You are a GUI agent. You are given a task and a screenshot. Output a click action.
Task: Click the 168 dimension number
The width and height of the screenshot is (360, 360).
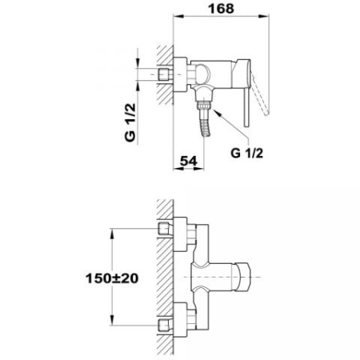pyautogui.click(x=221, y=8)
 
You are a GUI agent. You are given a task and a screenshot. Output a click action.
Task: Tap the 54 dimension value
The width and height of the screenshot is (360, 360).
pyautogui.click(x=189, y=161)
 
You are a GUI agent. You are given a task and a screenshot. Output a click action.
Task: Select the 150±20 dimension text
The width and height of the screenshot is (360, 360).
pyautogui.click(x=112, y=278)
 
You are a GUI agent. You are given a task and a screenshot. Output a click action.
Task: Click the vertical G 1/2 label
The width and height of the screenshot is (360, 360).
pyautogui.click(x=130, y=122)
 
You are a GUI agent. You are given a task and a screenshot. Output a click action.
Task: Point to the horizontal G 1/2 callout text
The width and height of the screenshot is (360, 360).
pyautogui.click(x=246, y=153)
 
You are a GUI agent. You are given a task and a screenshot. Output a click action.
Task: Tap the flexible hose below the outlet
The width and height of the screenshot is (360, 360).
pyautogui.click(x=206, y=128)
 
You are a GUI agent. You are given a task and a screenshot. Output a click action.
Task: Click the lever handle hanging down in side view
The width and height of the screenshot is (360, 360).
pyautogui.click(x=246, y=106)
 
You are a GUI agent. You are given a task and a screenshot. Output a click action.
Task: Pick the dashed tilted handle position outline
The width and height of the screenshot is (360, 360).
pyautogui.click(x=260, y=94)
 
